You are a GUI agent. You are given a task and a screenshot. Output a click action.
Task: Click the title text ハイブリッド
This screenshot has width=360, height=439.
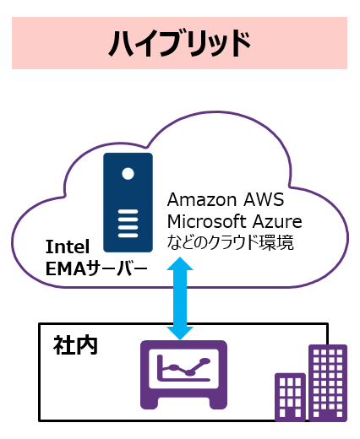[180, 44]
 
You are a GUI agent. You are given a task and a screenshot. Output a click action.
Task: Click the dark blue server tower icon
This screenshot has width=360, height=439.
[128, 203]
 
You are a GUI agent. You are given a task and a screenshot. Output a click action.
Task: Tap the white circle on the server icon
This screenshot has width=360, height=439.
[128, 173]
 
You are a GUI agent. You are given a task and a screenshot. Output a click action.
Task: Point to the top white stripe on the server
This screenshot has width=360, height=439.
[128, 211]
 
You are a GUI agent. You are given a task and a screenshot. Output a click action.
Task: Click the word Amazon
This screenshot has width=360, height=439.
[202, 200]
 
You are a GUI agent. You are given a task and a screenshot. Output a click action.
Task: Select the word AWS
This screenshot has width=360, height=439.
[264, 200]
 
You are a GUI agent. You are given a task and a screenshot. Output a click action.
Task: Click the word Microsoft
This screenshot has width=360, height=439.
[207, 221]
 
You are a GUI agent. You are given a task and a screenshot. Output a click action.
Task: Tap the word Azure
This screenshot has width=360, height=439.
[277, 222]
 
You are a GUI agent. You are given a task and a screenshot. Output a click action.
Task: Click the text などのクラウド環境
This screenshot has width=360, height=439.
[231, 242]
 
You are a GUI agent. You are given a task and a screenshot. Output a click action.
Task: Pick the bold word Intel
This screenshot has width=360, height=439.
[68, 247]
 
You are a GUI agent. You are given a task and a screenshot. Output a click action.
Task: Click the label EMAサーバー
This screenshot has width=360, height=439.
[96, 268]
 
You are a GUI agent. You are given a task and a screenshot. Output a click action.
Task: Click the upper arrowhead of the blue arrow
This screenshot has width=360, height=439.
[180, 263]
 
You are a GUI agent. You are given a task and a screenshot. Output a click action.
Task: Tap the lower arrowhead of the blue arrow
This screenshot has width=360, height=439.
[180, 333]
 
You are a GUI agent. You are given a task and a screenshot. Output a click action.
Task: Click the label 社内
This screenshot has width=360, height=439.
[75, 345]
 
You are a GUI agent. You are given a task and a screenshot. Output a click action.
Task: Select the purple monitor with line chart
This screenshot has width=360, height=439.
[183, 375]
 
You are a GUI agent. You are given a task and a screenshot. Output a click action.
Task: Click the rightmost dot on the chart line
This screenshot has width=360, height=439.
[205, 361]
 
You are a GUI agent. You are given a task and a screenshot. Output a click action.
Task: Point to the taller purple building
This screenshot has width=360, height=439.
[328, 383]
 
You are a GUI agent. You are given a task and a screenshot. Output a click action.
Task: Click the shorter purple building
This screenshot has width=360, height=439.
[290, 397]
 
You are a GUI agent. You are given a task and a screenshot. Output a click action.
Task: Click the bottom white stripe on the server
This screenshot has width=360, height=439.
[128, 236]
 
